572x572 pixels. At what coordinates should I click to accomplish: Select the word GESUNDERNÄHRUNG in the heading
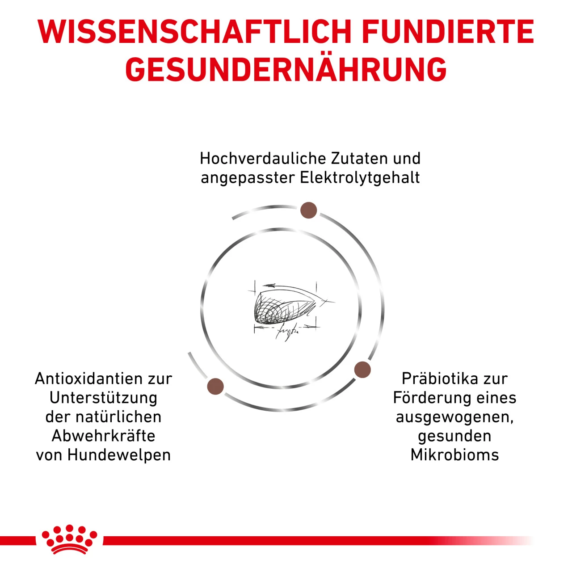[x=286, y=70]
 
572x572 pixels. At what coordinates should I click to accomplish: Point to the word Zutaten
[x=359, y=158]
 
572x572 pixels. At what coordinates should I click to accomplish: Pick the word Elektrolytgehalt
[x=360, y=177]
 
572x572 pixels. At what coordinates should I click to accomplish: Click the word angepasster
[x=248, y=178]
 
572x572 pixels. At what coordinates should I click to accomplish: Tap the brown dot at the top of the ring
[x=308, y=210]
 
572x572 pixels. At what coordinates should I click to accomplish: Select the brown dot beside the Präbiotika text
[x=362, y=370]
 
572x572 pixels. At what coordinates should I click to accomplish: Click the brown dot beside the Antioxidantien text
[x=215, y=386]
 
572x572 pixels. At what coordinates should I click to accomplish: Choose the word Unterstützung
[x=103, y=398]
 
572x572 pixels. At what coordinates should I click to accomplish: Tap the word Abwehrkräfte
[x=103, y=436]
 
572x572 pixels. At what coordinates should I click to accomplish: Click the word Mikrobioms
[x=454, y=455]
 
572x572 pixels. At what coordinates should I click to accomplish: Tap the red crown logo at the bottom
[x=69, y=539]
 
